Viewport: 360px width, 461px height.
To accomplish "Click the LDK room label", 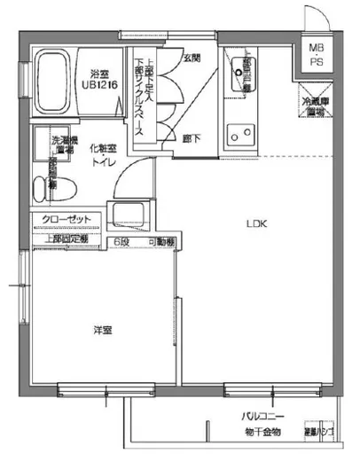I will click(256, 223).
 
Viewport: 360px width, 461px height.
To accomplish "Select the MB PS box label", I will click(317, 53).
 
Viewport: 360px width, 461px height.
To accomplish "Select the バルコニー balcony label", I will click(264, 416).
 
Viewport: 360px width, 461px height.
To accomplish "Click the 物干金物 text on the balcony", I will click(263, 432).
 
